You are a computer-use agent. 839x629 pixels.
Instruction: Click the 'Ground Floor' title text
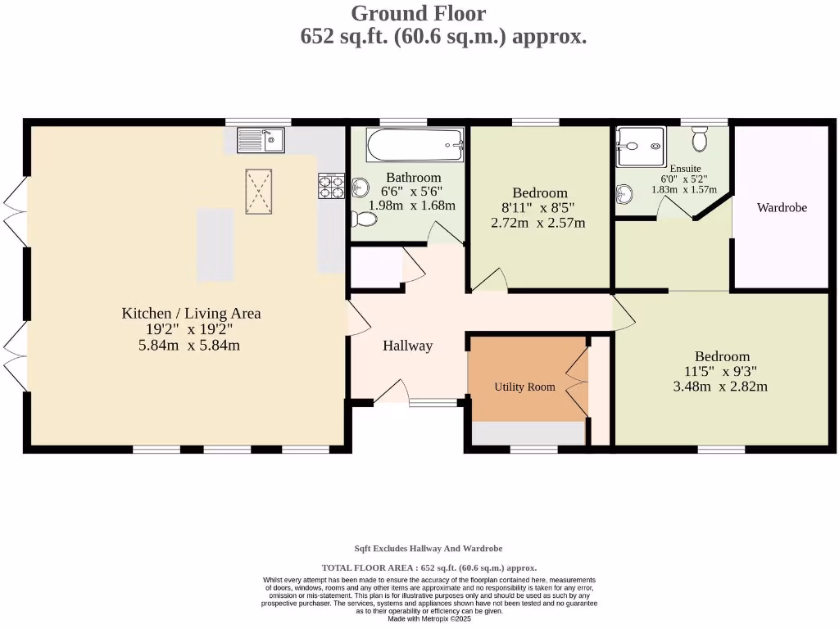tap(418, 13)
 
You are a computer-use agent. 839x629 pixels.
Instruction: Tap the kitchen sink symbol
tap(261, 140)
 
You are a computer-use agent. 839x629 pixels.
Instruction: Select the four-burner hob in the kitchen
tap(331, 187)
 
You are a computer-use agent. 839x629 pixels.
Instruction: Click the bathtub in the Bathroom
tap(415, 147)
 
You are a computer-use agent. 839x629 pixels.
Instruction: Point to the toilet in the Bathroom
tap(364, 219)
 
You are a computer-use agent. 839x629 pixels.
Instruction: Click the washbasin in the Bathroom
tap(359, 189)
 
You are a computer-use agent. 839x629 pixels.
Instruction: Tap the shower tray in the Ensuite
tap(641, 147)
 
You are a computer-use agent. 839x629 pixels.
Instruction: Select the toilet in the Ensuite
tap(699, 140)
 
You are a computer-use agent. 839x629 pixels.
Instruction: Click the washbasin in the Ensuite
tap(624, 194)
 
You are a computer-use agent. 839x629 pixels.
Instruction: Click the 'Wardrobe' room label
tap(782, 208)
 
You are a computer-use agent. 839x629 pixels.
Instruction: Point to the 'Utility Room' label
tap(524, 387)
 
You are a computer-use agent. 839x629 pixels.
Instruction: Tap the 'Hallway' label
tap(407, 346)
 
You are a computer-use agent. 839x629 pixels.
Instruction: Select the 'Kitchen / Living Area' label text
tap(191, 313)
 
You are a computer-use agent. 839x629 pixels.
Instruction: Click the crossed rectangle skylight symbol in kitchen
tap(259, 192)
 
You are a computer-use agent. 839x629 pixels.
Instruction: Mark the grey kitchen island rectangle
tap(215, 244)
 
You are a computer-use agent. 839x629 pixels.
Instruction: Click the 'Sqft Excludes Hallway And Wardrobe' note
tap(429, 549)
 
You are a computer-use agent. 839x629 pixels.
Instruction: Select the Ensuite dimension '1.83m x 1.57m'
tap(684, 189)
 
